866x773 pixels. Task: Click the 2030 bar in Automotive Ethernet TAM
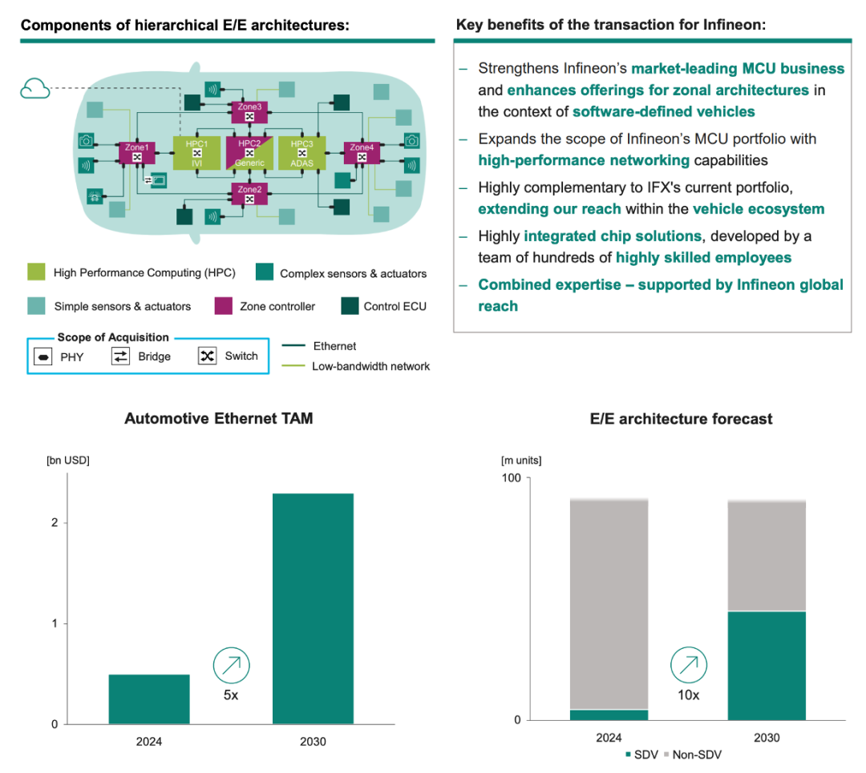point(313,609)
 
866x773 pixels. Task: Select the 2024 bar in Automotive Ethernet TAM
point(149,699)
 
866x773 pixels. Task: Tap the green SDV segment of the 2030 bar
point(767,666)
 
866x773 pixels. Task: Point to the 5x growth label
point(231,695)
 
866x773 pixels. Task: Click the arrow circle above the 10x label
point(689,665)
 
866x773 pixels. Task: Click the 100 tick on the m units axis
point(511,478)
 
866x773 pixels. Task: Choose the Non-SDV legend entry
point(694,755)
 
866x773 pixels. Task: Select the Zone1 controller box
point(137,152)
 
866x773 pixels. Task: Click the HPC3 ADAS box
point(301,153)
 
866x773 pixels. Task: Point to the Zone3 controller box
point(249,111)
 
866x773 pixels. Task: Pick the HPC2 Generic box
point(249,153)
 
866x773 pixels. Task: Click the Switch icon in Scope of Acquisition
point(207,356)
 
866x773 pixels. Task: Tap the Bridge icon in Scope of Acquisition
point(120,356)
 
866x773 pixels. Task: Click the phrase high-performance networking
point(584,160)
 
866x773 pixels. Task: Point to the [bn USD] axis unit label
point(67,461)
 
